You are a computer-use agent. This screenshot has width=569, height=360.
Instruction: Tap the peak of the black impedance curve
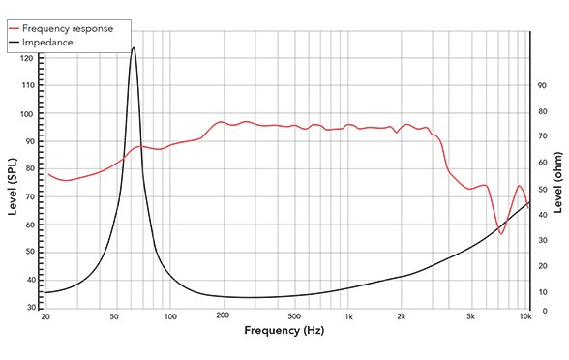(x=134, y=47)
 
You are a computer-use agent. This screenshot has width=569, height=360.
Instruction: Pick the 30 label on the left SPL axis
(x=32, y=308)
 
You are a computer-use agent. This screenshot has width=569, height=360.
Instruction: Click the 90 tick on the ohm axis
(x=542, y=85)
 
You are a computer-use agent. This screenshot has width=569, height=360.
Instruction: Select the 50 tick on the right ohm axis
(x=542, y=189)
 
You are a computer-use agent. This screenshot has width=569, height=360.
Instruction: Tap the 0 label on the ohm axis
(x=543, y=311)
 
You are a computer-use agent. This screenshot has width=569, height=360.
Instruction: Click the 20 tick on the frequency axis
(x=45, y=316)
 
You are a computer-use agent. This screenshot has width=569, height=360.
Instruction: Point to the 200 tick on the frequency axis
(x=223, y=315)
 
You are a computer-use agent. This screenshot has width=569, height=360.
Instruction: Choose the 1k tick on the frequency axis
(x=348, y=316)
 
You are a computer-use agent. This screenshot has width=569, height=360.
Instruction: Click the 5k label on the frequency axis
(x=470, y=316)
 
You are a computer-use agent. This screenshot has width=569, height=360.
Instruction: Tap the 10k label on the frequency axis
(x=525, y=316)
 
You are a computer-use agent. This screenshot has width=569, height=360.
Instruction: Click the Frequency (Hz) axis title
(x=284, y=331)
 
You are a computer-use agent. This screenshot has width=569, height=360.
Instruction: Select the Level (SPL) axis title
(x=14, y=187)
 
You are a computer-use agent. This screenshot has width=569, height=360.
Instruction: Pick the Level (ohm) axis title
(x=557, y=183)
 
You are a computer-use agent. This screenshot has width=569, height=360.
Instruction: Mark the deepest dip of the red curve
(x=501, y=234)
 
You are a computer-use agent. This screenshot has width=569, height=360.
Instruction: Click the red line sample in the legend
(x=15, y=29)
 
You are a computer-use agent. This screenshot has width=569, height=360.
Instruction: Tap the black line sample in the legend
(x=15, y=43)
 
